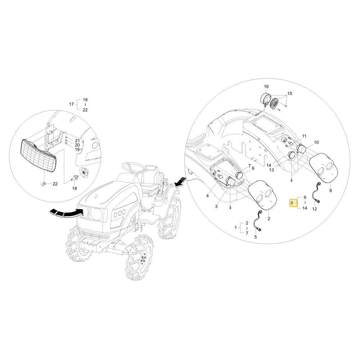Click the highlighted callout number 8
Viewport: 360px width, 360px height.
292,203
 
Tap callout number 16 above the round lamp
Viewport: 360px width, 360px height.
266,86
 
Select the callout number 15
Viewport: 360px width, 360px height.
290,94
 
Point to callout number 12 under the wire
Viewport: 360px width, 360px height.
315,209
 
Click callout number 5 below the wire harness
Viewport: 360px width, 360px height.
256,237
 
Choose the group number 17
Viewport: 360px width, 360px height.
71,104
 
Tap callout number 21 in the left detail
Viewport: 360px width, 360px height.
77,140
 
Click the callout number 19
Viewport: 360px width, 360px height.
77,149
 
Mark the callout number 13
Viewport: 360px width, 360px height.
271,170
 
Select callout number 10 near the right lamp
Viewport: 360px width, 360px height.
316,142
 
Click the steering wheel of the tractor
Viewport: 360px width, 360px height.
134,168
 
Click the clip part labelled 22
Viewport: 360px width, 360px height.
43,184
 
